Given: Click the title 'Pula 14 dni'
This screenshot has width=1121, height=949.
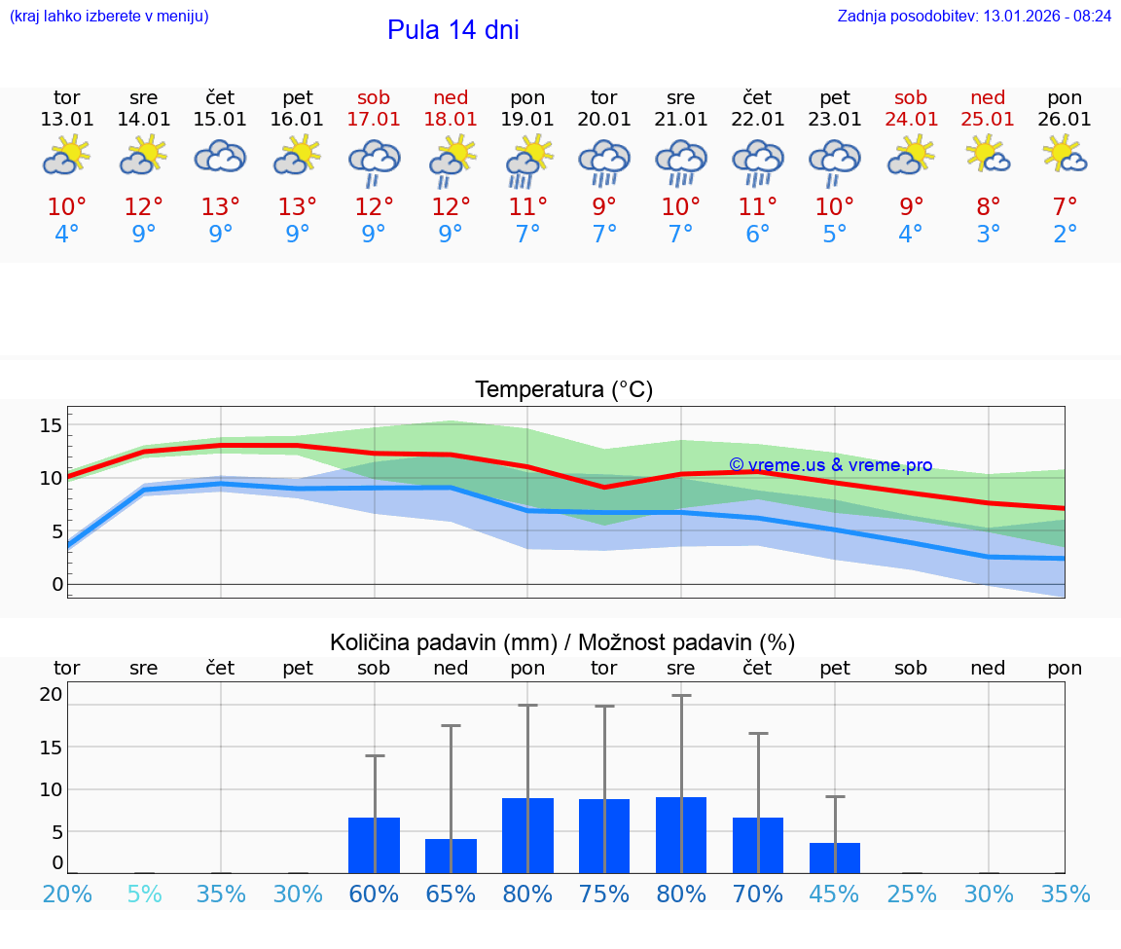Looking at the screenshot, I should tap(452, 30).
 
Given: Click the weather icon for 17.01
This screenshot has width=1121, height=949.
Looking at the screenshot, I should tap(374, 162).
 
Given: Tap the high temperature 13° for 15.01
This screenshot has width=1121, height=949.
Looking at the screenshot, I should tap(221, 207).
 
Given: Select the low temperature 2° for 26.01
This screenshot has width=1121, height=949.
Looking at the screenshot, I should tap(1065, 235).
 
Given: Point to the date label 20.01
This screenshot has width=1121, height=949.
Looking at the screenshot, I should tap(604, 120).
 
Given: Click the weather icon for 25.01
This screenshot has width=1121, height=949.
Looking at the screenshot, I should tap(988, 156).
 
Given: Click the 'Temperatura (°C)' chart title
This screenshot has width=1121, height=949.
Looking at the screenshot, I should tap(563, 390).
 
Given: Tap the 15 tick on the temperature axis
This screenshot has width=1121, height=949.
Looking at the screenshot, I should tap(51, 425).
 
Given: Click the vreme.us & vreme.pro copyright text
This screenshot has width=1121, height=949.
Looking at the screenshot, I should tap(830, 465).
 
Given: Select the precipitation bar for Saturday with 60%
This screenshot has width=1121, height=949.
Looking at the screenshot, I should tap(374, 845).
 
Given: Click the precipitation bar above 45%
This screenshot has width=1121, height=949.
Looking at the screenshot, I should tap(835, 858).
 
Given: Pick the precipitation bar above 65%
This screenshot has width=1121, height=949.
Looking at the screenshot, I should tap(451, 856).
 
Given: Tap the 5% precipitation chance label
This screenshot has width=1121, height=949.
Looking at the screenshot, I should tap(144, 894).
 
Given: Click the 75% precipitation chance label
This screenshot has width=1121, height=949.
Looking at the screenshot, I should tap(604, 894).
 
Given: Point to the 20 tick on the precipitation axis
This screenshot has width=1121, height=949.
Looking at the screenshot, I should tap(51, 695).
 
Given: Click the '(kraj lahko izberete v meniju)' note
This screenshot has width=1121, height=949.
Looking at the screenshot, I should tap(108, 17).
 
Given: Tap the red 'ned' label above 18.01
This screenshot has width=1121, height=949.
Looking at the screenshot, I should tap(451, 98).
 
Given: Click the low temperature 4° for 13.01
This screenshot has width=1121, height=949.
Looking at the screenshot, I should tap(66, 235).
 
